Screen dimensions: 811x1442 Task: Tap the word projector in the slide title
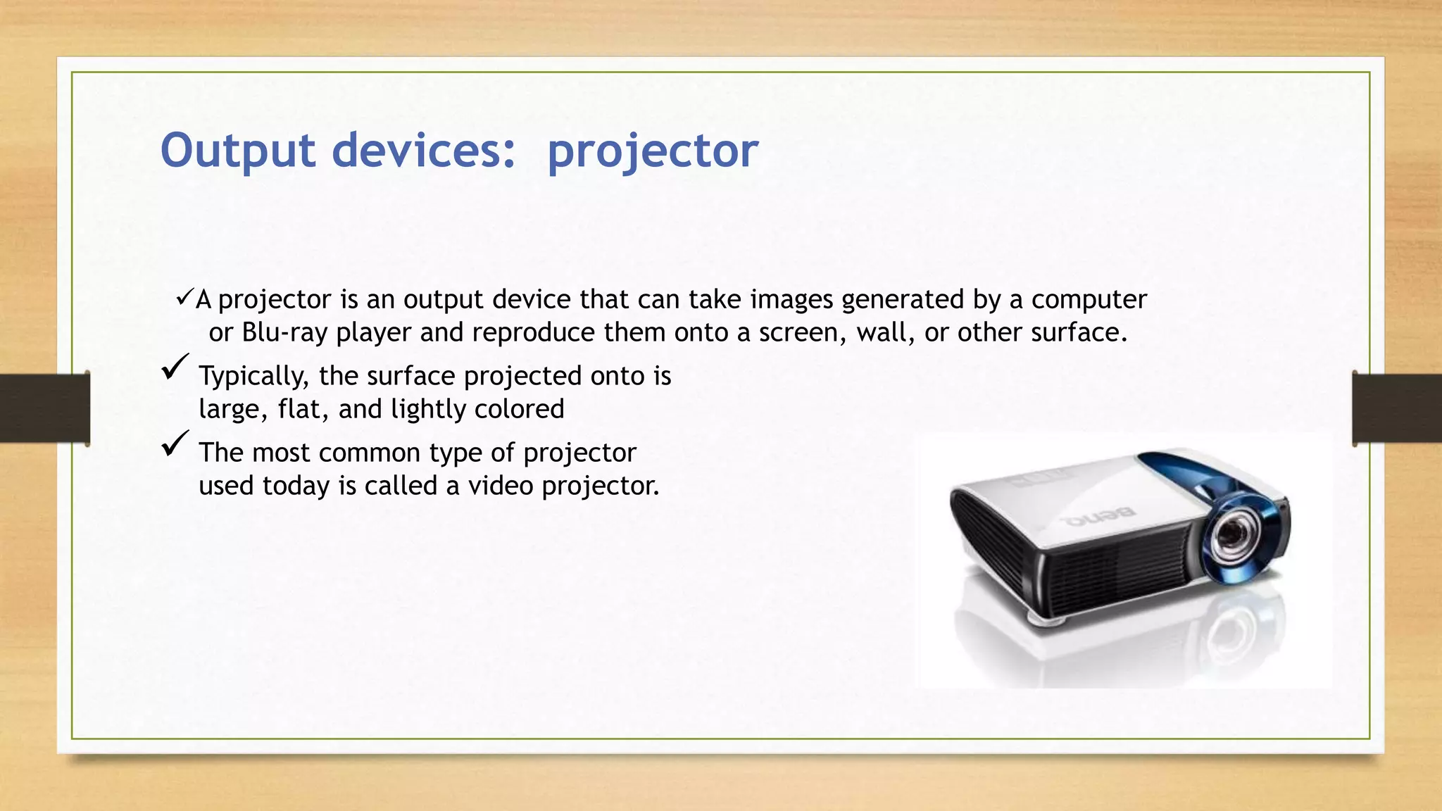[653, 151]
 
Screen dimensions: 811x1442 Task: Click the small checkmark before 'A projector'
[184, 298]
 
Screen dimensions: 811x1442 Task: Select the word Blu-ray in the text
[284, 332]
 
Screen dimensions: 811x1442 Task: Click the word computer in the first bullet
[1089, 299]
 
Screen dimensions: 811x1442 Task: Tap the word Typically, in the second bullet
[253, 376]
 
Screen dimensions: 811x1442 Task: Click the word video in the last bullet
[501, 486]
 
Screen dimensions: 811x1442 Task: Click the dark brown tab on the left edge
[44, 408]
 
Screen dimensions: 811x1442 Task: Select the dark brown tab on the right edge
[1397, 408]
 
